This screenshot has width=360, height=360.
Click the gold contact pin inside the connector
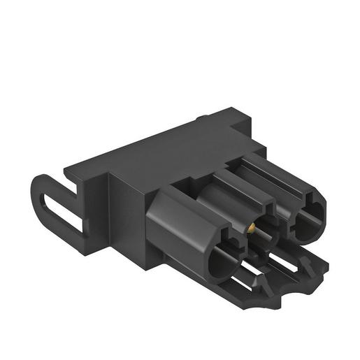(x=250, y=227)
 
